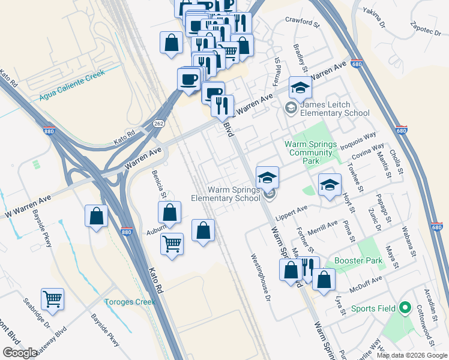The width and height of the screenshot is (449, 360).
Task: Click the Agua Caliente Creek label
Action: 72,85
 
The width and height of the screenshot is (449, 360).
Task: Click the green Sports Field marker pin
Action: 405,308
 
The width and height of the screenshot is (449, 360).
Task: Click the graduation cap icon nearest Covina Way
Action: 329,185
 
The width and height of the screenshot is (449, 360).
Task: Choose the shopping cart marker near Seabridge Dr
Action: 53,298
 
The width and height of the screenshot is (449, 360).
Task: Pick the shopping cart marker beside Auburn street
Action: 172,244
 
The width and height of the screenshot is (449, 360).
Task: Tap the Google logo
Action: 20,353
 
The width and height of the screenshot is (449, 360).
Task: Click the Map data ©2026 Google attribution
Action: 412,355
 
